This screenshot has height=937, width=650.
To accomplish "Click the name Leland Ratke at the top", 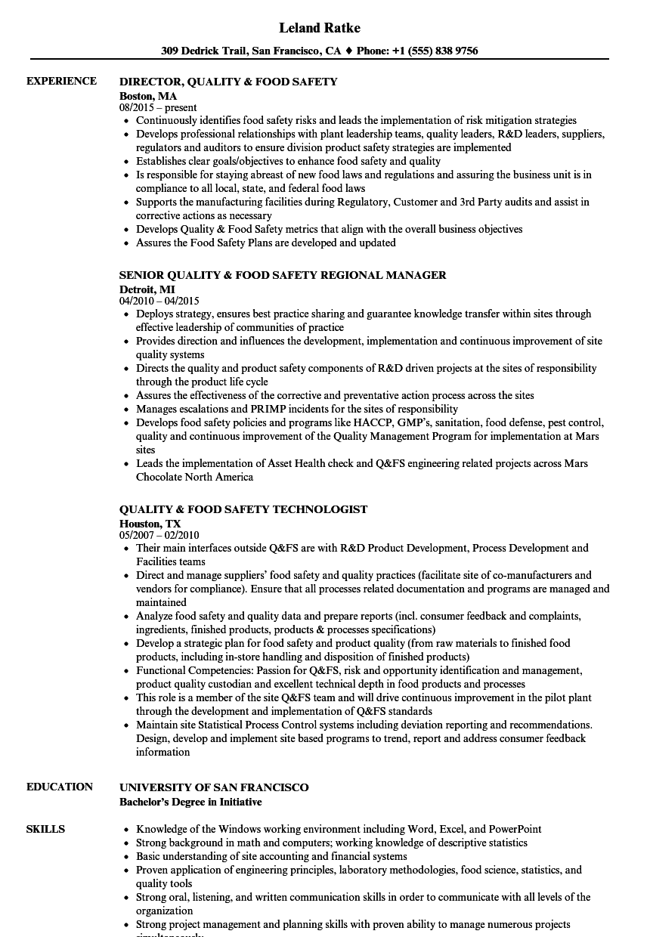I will pos(319,28).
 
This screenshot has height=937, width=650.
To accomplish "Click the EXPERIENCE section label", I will pos(61,81).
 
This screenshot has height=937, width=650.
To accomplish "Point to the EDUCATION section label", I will pos(60,787).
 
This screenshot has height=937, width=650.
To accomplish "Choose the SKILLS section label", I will pos(45,829).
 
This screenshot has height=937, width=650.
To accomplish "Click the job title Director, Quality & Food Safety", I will pos(228,82).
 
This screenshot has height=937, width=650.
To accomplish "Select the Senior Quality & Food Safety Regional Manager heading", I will pos(283,275).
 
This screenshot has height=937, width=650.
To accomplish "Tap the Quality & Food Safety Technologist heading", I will pos(243,509).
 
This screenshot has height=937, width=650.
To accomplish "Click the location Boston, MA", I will pos(148,96).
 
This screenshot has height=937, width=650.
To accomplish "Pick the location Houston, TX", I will pos(150,523).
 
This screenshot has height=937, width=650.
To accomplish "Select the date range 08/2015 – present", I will pos(158,108).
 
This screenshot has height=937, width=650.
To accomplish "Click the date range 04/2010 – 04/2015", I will pos(159,301).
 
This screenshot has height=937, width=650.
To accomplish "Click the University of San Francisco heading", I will pos(214,787).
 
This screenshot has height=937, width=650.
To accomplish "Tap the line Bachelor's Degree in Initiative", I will pos(190,802).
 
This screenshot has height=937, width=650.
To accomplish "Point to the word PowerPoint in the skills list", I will pos(515,829).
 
